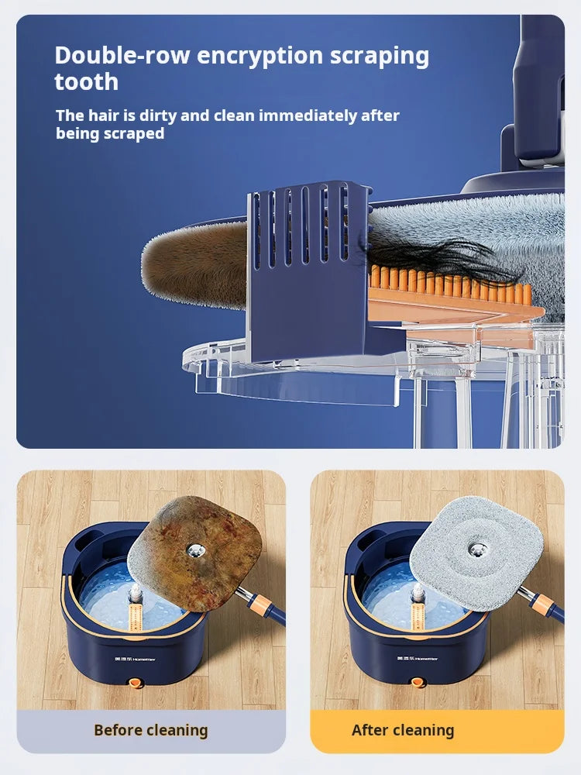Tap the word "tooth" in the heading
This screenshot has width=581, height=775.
86,82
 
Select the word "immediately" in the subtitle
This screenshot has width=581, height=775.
308,115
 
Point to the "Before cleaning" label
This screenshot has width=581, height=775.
151,730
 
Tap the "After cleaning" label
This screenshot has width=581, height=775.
403,730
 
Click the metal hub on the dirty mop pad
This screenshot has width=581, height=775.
194,549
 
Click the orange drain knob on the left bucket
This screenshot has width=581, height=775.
136,683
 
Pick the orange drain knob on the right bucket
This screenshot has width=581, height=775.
418,683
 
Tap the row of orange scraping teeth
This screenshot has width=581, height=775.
449,285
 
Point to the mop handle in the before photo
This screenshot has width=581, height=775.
263,605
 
